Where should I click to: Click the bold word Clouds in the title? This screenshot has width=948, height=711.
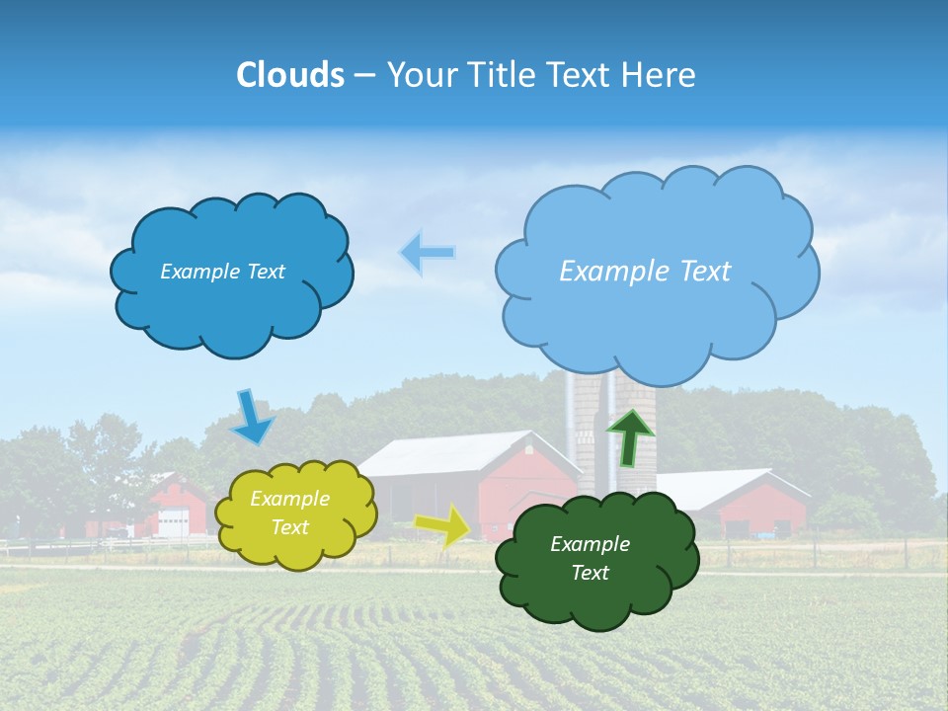point(289,75)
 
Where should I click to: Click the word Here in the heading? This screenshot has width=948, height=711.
point(663,75)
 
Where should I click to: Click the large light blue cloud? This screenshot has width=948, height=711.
point(657,316)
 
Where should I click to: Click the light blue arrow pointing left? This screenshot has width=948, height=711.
point(427,253)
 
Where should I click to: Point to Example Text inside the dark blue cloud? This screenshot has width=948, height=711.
point(222,272)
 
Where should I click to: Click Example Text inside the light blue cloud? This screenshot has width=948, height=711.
point(645,271)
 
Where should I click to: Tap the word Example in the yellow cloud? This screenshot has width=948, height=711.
point(289,499)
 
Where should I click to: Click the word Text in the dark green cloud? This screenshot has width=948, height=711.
point(591,573)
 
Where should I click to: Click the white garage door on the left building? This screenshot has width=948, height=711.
point(173,522)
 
